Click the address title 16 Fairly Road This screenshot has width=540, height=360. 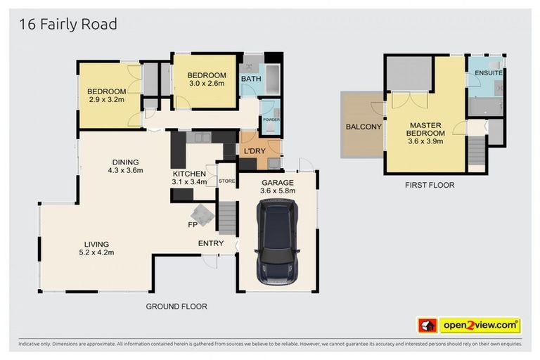click(x=67, y=25)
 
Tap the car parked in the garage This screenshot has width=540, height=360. click(x=278, y=242)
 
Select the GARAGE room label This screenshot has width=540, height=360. click(x=278, y=183)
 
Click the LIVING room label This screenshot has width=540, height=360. click(x=96, y=244)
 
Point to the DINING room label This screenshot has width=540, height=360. click(x=125, y=162)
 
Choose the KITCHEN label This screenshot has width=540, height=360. click(x=189, y=174)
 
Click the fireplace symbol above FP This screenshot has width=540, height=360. click(x=202, y=215)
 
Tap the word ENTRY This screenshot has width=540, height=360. click(x=211, y=243)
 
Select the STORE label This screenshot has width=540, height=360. click(x=226, y=181)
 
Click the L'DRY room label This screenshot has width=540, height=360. click(x=255, y=151)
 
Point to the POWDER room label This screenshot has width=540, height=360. click(x=271, y=120)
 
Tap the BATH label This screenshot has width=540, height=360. click(x=251, y=79)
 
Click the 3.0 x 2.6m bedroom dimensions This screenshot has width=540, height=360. click(x=207, y=83)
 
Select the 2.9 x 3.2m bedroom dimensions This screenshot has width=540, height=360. click(x=106, y=99)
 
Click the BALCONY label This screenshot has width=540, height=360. click(x=364, y=127)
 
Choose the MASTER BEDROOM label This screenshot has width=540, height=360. click(x=425, y=129)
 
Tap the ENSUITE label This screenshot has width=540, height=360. click(x=489, y=73)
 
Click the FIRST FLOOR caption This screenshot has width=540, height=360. click(x=430, y=185)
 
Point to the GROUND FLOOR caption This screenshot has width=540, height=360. click(x=176, y=307)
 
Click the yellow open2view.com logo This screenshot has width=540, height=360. click(x=480, y=326)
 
